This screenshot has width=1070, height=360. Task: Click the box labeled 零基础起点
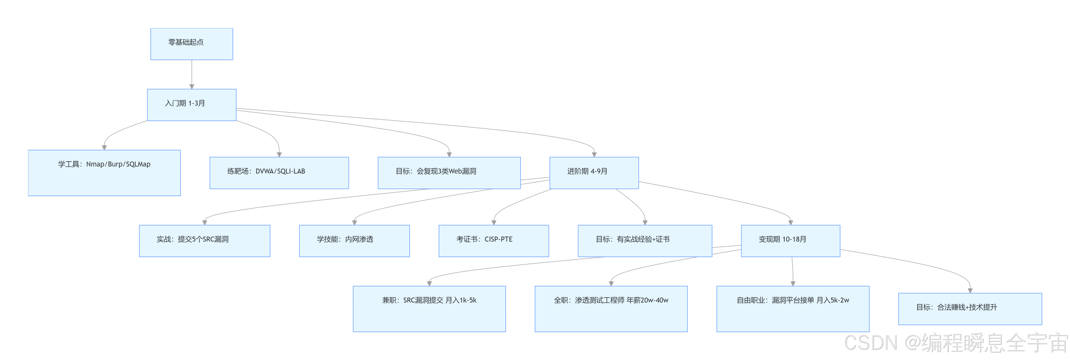point(191,44)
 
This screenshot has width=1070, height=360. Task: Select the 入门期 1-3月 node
point(191,105)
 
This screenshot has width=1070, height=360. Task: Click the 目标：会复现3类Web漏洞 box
point(449,173)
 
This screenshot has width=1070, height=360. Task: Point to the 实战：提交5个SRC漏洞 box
point(204,241)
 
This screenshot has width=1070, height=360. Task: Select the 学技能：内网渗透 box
point(354,241)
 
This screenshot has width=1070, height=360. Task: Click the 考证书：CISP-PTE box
point(494,241)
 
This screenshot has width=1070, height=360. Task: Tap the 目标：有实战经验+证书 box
point(645,241)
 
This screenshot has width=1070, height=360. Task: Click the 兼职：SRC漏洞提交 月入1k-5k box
point(429,308)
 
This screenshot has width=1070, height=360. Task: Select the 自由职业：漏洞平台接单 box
point(793,308)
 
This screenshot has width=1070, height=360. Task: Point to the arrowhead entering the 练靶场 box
point(279,154)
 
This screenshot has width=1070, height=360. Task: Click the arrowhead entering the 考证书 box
point(494,223)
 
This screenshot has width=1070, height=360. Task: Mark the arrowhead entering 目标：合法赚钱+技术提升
point(970,290)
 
